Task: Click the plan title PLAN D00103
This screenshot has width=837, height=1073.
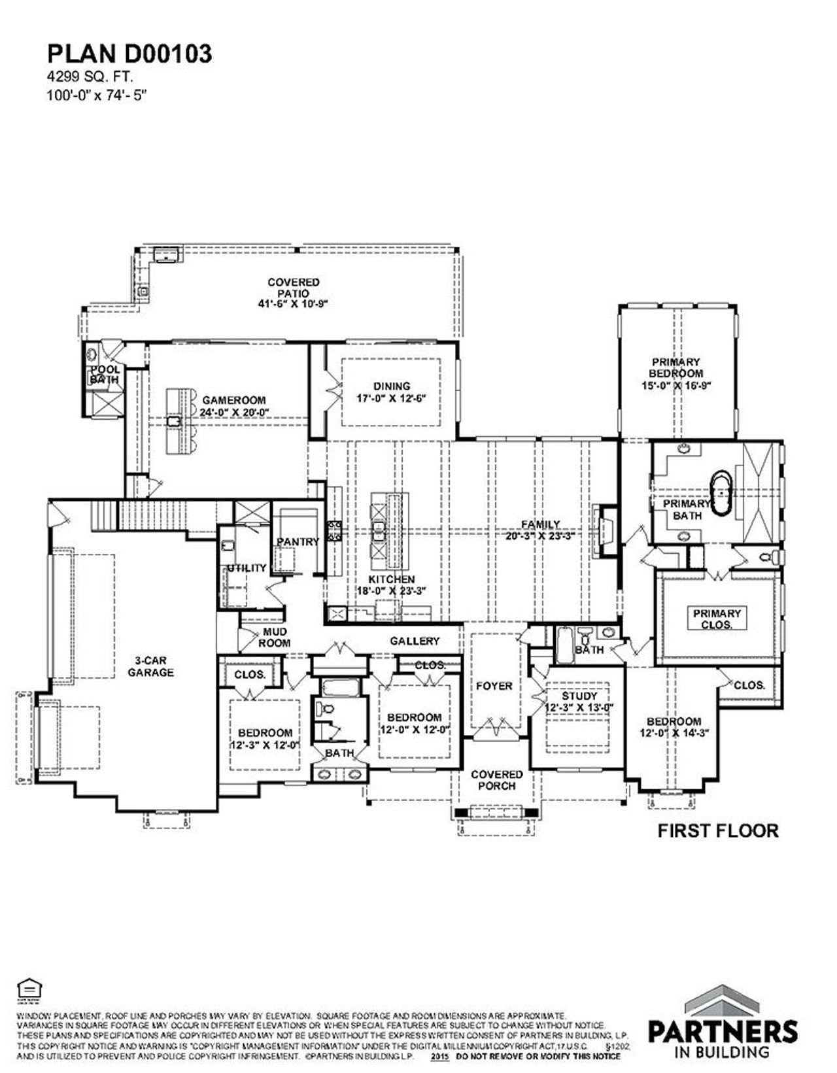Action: [129, 54]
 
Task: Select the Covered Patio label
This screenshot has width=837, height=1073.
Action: [294, 288]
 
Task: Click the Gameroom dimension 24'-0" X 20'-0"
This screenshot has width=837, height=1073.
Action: [234, 412]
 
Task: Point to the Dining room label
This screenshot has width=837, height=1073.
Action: [392, 386]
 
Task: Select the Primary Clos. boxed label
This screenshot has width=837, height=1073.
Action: [717, 619]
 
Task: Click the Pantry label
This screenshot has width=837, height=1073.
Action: [298, 542]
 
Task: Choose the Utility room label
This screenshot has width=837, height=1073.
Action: [247, 568]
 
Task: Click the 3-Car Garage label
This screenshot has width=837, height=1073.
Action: [150, 666]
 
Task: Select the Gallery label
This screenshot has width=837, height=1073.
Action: [415, 641]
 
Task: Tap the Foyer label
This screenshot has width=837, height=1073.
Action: [494, 686]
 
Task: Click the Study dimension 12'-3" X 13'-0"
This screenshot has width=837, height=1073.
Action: [579, 707]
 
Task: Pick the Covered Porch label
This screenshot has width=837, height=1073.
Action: [497, 779]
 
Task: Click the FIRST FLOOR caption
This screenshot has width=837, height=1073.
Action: [717, 831]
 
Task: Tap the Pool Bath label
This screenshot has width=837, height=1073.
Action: [105, 374]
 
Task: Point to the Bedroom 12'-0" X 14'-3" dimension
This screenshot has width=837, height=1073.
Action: [675, 733]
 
